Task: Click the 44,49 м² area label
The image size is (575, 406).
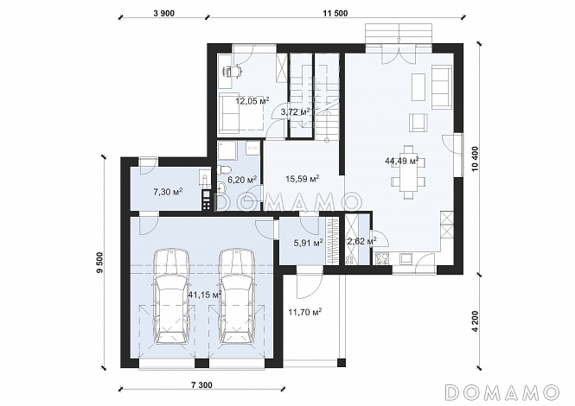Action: [402, 161]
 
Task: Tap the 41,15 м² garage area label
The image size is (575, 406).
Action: [205, 295]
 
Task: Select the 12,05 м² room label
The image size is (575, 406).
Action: [252, 100]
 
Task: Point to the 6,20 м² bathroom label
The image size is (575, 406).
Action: [242, 179]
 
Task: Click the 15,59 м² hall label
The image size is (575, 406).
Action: [302, 179]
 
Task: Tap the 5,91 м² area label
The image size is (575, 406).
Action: [308, 242]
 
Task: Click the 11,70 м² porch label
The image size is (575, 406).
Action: [305, 312]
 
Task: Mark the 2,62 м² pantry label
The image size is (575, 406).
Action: [361, 242]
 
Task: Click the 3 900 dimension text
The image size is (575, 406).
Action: [164, 14]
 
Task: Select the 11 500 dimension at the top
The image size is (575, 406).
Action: [335, 14]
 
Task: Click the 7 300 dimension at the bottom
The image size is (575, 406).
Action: [201, 385]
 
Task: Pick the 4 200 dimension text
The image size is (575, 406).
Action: [476, 321]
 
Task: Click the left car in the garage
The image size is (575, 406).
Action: [171, 296]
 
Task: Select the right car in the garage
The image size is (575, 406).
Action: [237, 296]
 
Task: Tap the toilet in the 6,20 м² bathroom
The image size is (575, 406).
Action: [223, 169]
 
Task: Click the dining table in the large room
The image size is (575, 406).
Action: [408, 172]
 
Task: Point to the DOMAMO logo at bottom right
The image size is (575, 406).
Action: [502, 392]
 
